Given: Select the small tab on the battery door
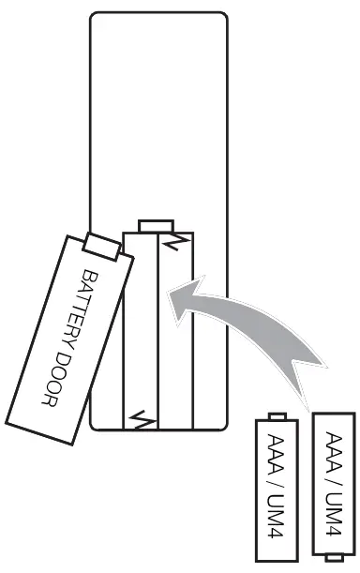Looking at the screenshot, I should [x=101, y=248].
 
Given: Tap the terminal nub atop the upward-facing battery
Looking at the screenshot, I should [x=277, y=415].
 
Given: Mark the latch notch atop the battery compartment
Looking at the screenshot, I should [x=155, y=225].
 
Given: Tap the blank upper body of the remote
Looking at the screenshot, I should [x=157, y=113].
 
